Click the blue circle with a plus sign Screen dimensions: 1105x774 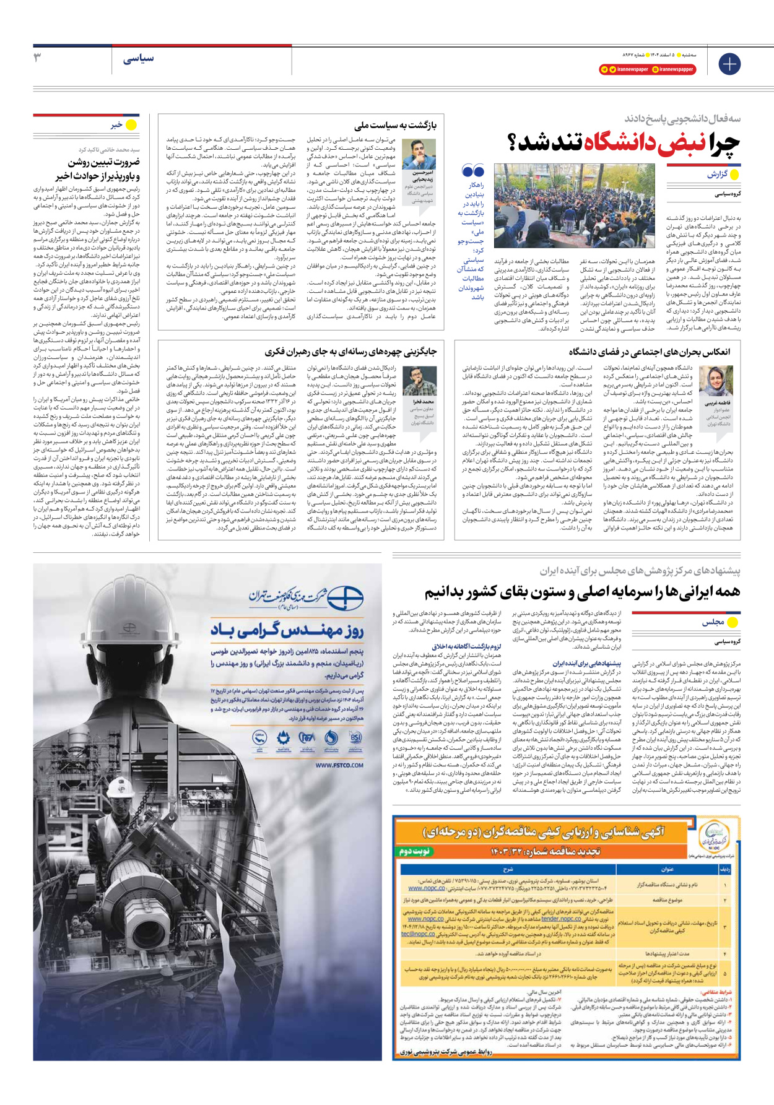click(x=729, y=64)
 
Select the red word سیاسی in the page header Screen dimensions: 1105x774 click(x=138, y=59)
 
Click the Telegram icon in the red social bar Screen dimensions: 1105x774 click(x=604, y=69)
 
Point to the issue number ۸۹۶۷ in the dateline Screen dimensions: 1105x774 click(x=630, y=55)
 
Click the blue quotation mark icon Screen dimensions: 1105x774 click(x=473, y=170)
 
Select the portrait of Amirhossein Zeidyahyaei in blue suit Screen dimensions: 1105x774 click(x=419, y=154)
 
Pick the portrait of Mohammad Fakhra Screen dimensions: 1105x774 click(x=419, y=380)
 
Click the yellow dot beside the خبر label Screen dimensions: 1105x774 click(x=131, y=125)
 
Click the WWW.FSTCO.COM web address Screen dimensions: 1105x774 click(x=339, y=765)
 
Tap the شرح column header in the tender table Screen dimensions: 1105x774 click(x=508, y=869)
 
